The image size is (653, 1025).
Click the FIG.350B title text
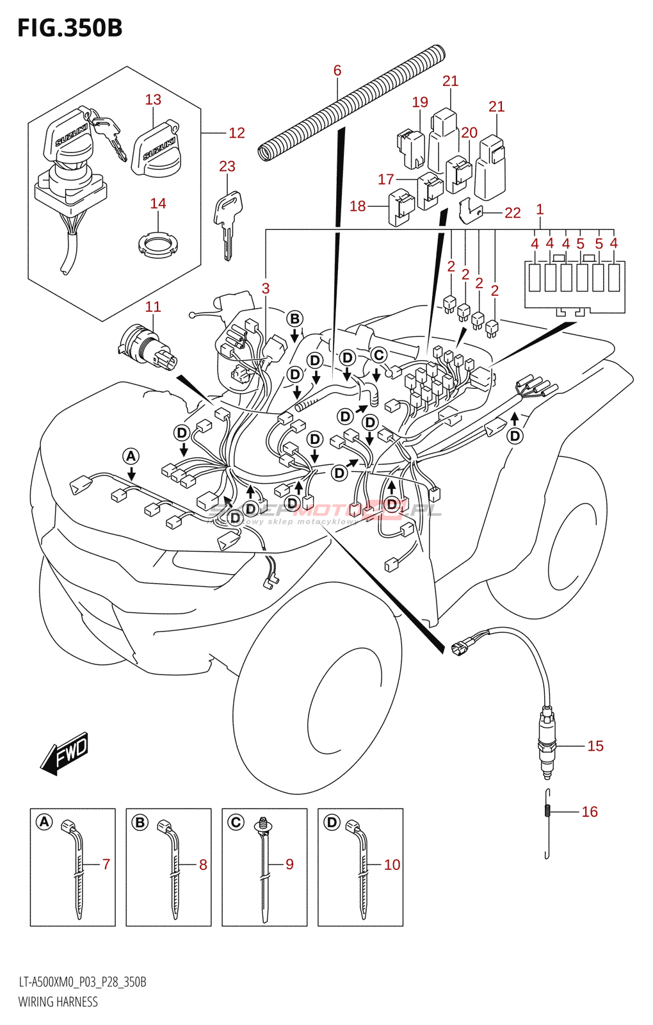point(70,28)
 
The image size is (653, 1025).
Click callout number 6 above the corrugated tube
point(337,70)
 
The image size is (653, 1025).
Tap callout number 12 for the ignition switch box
point(237,133)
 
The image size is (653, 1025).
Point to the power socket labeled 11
point(147,346)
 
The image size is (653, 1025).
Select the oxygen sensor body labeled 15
point(546,743)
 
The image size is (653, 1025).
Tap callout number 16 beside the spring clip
point(590,812)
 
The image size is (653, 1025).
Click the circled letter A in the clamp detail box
point(44,822)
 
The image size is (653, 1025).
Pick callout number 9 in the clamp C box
point(289,864)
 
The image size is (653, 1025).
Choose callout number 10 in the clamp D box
point(392,864)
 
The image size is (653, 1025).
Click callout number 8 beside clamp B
point(203,864)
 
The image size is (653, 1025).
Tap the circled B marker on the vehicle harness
point(294,318)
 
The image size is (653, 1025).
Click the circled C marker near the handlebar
point(379,355)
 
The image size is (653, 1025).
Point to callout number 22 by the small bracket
point(513,213)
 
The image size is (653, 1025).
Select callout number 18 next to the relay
point(357,206)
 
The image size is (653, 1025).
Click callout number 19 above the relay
point(420,102)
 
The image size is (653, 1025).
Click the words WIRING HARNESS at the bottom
point(58,1002)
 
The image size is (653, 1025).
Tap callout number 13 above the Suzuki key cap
point(153,99)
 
